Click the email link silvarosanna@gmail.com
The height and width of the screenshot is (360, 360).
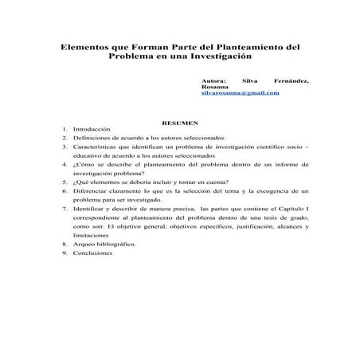[241, 94]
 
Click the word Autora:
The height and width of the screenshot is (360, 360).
[214, 80]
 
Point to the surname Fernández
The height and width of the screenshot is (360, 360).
[291, 80]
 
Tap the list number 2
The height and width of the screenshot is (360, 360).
[63, 138]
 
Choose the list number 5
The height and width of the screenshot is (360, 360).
[63, 182]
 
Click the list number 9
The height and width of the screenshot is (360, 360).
[63, 253]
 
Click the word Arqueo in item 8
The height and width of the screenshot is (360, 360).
[83, 245]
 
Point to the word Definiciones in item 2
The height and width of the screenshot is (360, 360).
[92, 138]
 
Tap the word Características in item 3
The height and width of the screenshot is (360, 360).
[95, 147]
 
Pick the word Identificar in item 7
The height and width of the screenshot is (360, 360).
[90, 209]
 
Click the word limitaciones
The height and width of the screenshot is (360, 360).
[91, 236]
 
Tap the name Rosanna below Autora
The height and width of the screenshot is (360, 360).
[214, 87]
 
